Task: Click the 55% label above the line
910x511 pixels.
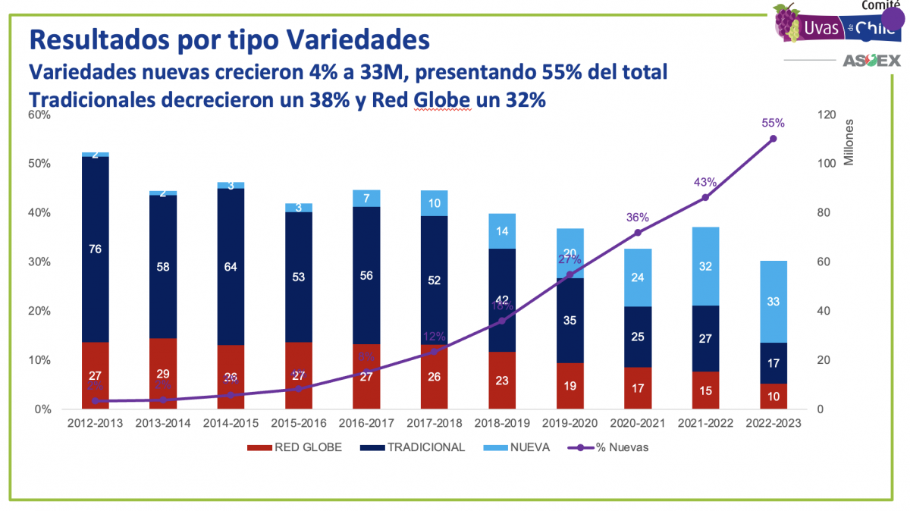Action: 773,123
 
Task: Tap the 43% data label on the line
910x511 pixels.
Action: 704,182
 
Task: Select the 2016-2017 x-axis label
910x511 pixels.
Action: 367,423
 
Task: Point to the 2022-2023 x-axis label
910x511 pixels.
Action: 773,423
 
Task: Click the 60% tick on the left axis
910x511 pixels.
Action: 39,115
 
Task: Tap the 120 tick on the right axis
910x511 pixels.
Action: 825,115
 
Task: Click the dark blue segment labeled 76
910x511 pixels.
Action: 96,249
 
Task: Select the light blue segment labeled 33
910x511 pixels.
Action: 773,302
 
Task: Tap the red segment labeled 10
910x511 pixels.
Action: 773,396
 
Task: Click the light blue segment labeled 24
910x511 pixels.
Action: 637,277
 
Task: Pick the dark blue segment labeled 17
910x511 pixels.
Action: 773,363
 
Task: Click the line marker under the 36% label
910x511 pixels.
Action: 638,233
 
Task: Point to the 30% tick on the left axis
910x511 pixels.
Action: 39,262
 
